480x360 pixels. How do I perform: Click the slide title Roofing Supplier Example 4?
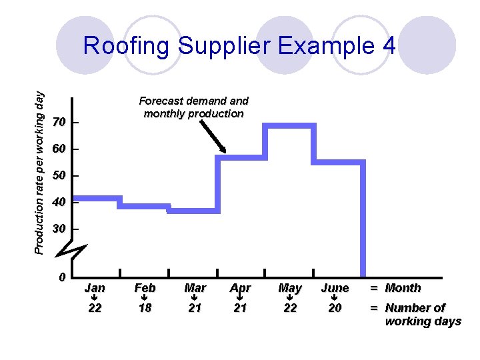pyautogui.click(x=239, y=46)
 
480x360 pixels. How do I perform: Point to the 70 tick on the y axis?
pyautogui.click(x=59, y=123)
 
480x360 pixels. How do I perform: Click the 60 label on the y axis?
pyautogui.click(x=59, y=149)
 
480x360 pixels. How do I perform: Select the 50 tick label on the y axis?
pyautogui.click(x=59, y=176)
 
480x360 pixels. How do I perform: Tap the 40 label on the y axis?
pyautogui.click(x=59, y=202)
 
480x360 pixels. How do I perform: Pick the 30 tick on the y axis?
pyautogui.click(x=59, y=229)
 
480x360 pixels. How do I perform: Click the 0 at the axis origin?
pyautogui.click(x=61, y=277)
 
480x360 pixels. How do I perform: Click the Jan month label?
pyautogui.click(x=95, y=288)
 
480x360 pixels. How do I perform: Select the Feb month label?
pyautogui.click(x=145, y=288)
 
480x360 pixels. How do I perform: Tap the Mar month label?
pyautogui.click(x=195, y=288)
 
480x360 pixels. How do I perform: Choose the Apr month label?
pyautogui.click(x=240, y=288)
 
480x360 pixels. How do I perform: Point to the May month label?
pyautogui.click(x=289, y=288)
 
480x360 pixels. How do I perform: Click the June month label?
pyautogui.click(x=335, y=288)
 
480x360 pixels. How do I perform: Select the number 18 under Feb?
pyautogui.click(x=145, y=308)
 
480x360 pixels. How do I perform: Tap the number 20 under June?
pyautogui.click(x=335, y=308)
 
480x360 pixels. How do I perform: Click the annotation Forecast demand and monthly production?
pyautogui.click(x=193, y=107)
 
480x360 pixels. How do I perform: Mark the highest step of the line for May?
pyautogui.click(x=289, y=125)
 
